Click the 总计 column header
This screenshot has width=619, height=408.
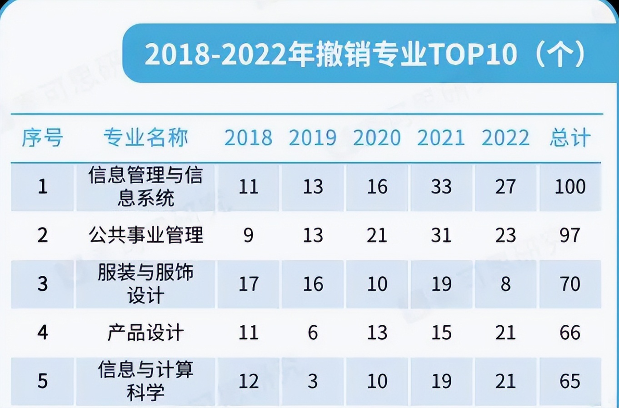pos(570,138)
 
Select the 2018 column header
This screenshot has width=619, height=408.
pos(248,138)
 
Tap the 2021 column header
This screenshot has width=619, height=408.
pos(441,138)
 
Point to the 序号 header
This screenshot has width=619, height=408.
pos(42,138)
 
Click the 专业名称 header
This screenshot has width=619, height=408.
pos(145,138)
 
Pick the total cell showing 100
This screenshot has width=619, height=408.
pos(570,187)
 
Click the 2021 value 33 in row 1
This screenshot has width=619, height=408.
pos(441,187)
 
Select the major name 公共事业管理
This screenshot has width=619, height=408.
pos(145,235)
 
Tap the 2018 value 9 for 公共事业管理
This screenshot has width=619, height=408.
pos(248,235)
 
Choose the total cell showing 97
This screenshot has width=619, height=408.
pos(570,235)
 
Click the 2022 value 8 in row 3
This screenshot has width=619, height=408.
pos(505,284)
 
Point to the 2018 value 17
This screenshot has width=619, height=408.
pos(248,284)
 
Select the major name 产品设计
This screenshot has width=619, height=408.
pos(145,333)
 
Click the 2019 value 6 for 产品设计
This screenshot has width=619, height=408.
pos(313,333)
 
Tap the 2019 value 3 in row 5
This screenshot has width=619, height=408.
pos(313,381)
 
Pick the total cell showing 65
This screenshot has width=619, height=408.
pos(570,381)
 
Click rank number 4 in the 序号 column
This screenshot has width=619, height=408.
pos(42,333)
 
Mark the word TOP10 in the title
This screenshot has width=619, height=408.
pos(473,54)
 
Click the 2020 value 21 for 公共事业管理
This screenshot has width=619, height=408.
pos(377,235)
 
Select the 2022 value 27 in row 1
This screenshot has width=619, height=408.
pos(505,187)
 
